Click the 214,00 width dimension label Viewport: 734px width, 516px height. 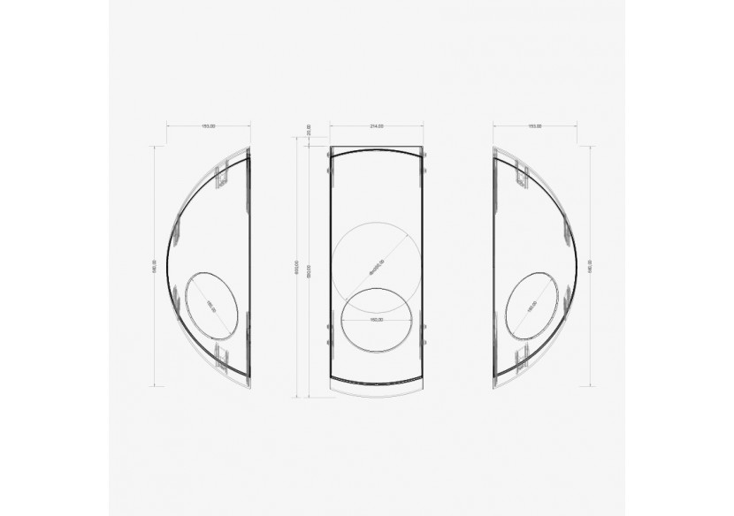(x=376, y=126)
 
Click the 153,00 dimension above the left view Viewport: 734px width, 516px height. (x=209, y=126)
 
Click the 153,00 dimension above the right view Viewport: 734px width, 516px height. (x=535, y=126)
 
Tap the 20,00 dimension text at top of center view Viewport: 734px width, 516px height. (x=309, y=130)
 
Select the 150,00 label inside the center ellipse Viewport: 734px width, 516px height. (x=376, y=319)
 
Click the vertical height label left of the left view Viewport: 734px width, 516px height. (x=155, y=267)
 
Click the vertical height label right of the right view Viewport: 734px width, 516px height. (x=590, y=267)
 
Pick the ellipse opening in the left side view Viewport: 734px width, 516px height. (x=211, y=304)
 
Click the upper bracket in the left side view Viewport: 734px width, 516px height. (x=224, y=174)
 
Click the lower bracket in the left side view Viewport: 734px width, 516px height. (x=224, y=358)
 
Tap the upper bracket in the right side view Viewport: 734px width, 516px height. (x=521, y=174)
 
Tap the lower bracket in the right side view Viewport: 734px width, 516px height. (x=521, y=358)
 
